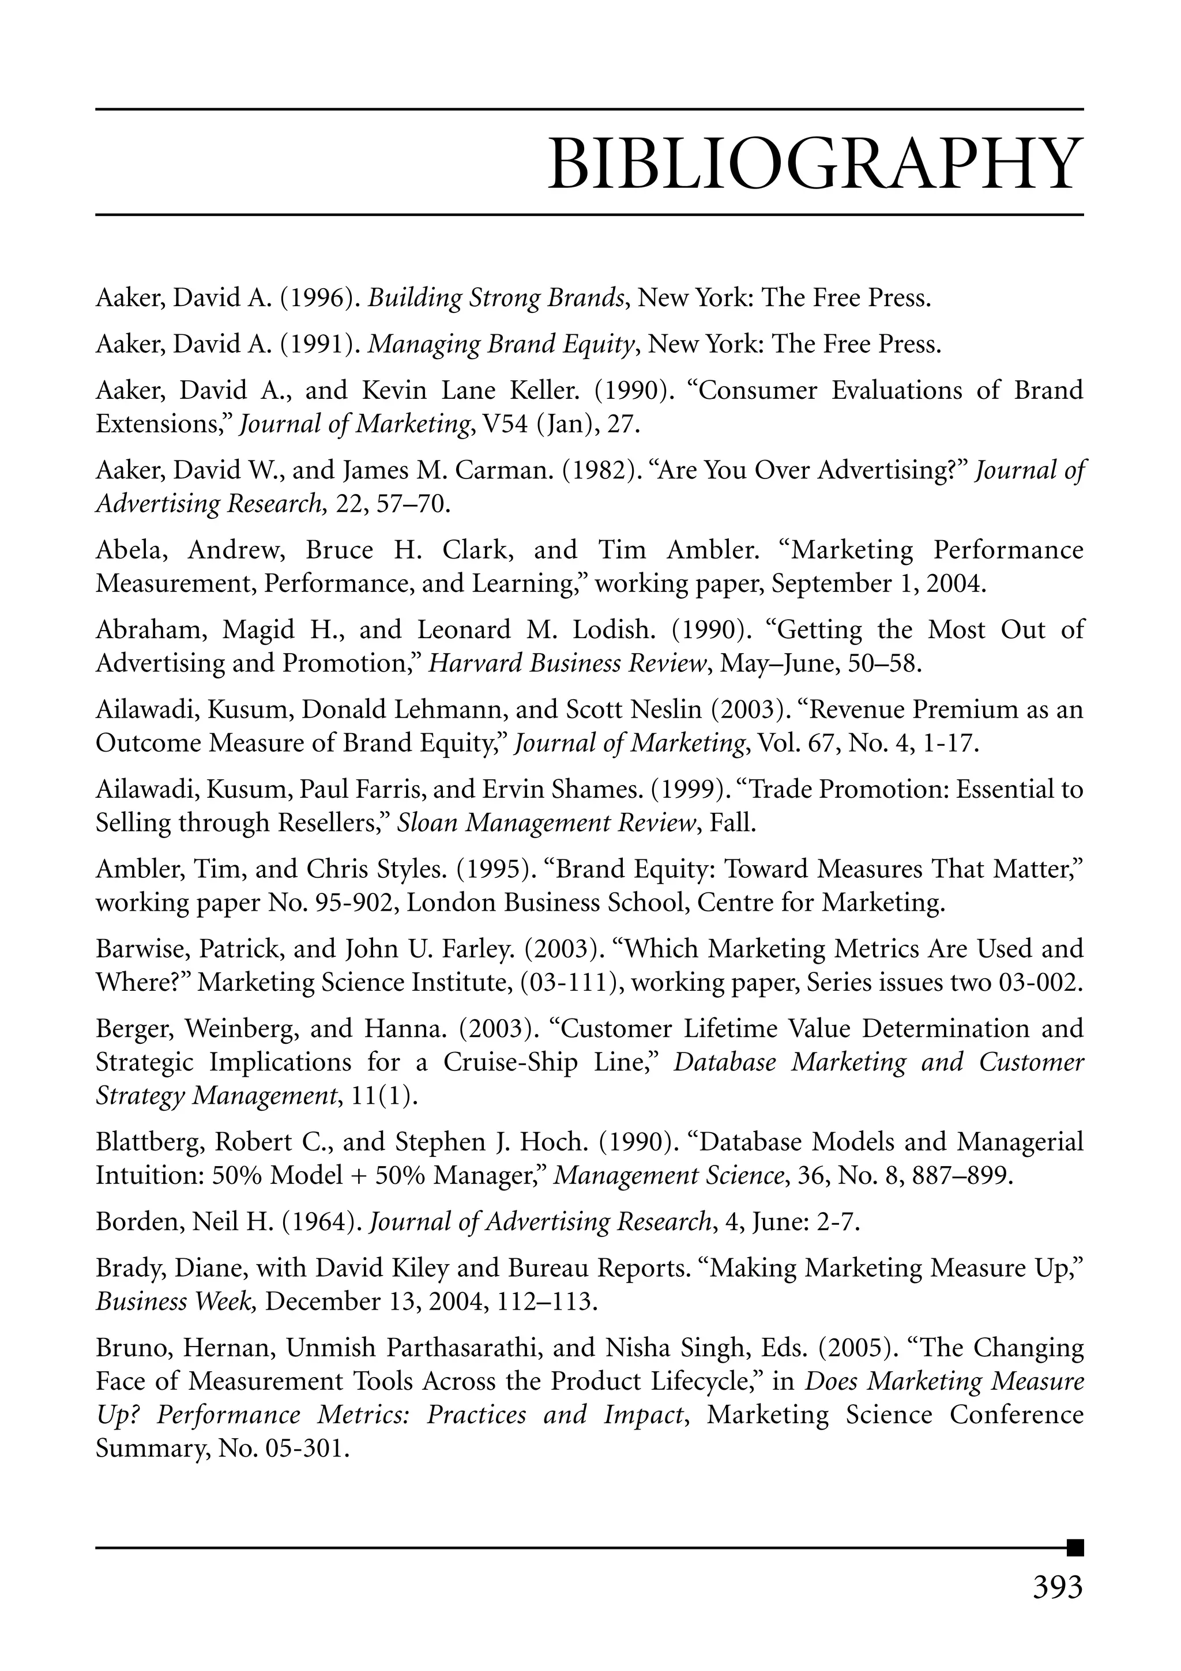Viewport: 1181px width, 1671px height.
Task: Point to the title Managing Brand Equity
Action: click(x=502, y=344)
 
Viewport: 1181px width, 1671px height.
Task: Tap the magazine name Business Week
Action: click(x=174, y=1302)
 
